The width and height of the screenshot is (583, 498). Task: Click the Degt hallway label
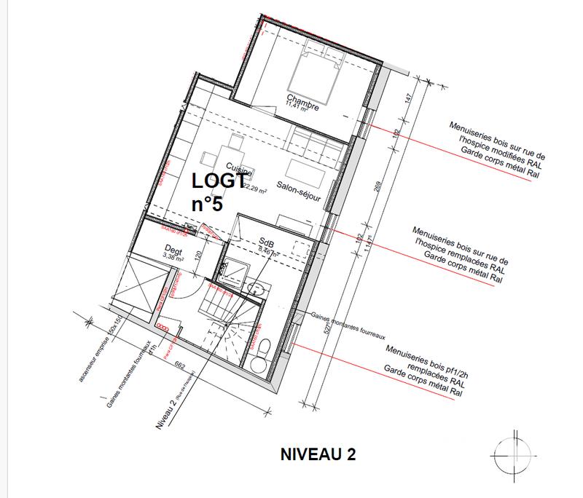pyautogui.click(x=173, y=250)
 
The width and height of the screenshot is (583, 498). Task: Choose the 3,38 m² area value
pyautogui.click(x=173, y=257)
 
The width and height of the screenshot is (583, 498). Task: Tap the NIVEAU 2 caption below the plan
pyautogui.click(x=318, y=455)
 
